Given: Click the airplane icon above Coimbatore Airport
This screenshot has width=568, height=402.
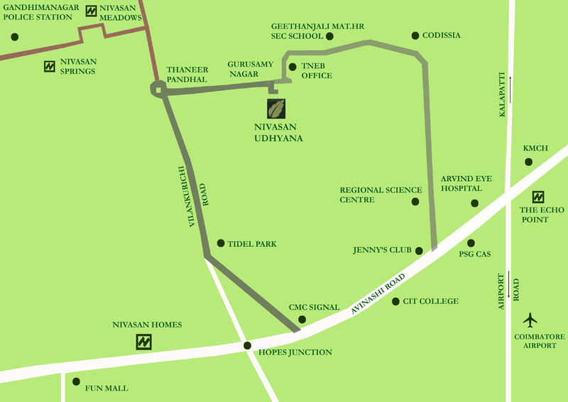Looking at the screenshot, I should pos(530,319).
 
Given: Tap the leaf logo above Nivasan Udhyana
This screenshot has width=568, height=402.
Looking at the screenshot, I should pos(276,109).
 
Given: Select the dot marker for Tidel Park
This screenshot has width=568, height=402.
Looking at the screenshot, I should pos(220,243).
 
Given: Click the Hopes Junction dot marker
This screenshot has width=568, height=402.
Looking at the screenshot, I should pos(247,346).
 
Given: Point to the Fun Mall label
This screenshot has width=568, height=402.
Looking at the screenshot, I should pos(106,389).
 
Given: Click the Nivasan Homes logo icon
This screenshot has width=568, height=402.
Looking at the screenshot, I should pos(144,342).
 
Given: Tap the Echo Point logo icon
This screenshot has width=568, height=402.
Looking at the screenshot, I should pos(539,197).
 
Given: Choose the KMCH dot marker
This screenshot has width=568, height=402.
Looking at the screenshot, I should pos(528,162).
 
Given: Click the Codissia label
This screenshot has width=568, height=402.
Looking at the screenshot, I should pos(441,36).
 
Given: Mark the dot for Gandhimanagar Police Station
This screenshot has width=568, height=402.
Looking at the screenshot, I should pos(14,37).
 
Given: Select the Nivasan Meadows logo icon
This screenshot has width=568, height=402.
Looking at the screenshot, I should pos(91,11).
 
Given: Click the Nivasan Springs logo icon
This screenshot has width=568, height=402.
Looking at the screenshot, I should pos(50,66).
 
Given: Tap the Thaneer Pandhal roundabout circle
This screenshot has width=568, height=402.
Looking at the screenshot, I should pos(158,88).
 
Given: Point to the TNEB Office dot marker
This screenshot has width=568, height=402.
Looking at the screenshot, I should pos(293,66).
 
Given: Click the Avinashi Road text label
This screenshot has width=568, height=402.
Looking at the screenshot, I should pos(378,293).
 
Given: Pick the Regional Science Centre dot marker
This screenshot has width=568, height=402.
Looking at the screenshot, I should pos(415,202).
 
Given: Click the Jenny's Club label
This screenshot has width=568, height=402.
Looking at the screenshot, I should pos(380,251).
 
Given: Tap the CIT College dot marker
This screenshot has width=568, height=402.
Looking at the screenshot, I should pos(395,301).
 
